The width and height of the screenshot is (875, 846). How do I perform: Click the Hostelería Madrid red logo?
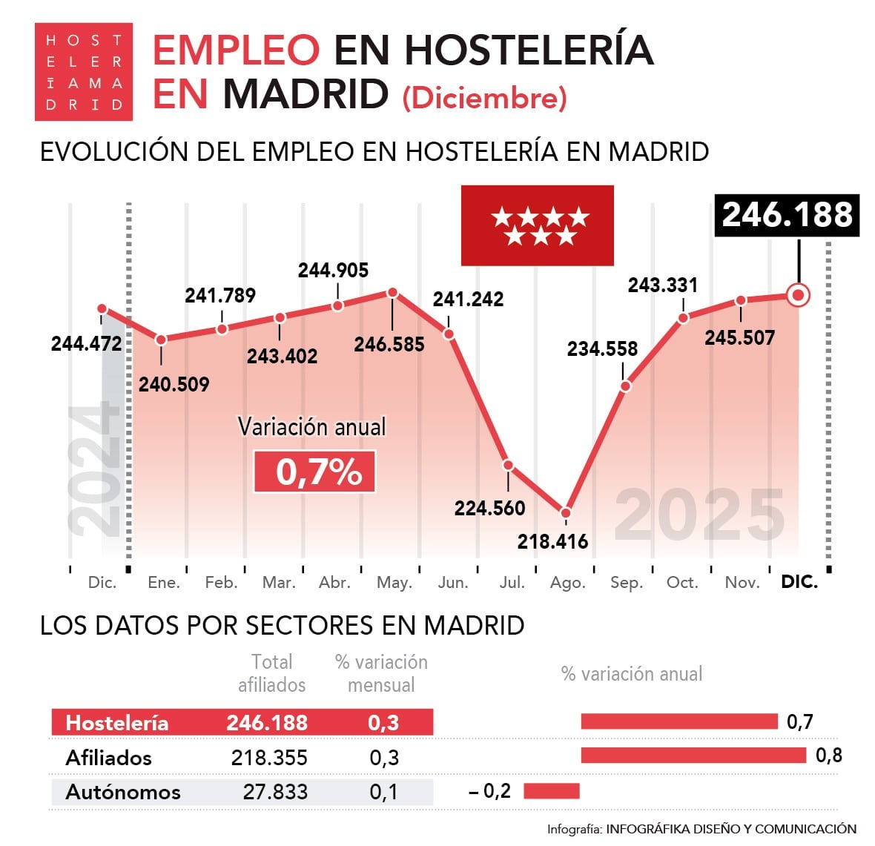pyautogui.click(x=84, y=72)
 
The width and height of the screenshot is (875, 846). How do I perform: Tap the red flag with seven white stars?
pyautogui.click(x=537, y=225)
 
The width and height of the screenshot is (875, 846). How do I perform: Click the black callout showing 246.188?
pyautogui.click(x=787, y=215)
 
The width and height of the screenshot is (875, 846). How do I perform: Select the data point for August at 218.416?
pyautogui.click(x=566, y=512)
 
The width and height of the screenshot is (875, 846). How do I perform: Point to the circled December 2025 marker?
pyautogui.click(x=798, y=295)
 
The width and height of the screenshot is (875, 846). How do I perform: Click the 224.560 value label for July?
pyautogui.click(x=489, y=508)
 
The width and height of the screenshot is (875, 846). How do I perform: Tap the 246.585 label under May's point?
pyautogui.click(x=389, y=344)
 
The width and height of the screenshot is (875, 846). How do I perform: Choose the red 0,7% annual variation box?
pyautogui.click(x=314, y=472)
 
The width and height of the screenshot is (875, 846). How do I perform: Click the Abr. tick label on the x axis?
pyautogui.click(x=335, y=583)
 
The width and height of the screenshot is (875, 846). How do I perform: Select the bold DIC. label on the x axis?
pyautogui.click(x=799, y=582)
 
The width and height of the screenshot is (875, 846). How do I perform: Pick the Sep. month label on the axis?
pyautogui.click(x=627, y=583)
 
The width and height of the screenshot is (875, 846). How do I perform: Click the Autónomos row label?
pyautogui.click(x=123, y=792)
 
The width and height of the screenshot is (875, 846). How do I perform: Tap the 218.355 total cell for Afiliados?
pyautogui.click(x=268, y=758)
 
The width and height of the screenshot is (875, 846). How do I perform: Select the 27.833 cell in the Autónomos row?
pyautogui.click(x=275, y=792)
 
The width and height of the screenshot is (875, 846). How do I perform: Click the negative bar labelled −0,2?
pyautogui.click(x=551, y=791)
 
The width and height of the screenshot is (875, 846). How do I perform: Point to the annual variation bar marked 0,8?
pyautogui.click(x=693, y=756)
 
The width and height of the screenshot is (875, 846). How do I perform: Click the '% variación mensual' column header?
pyautogui.click(x=381, y=673)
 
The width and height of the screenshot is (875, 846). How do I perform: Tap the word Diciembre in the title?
pyautogui.click(x=485, y=98)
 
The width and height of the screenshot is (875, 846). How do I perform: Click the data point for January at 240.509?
pyautogui.click(x=161, y=340)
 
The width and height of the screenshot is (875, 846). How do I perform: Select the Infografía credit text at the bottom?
pyautogui.click(x=701, y=829)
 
